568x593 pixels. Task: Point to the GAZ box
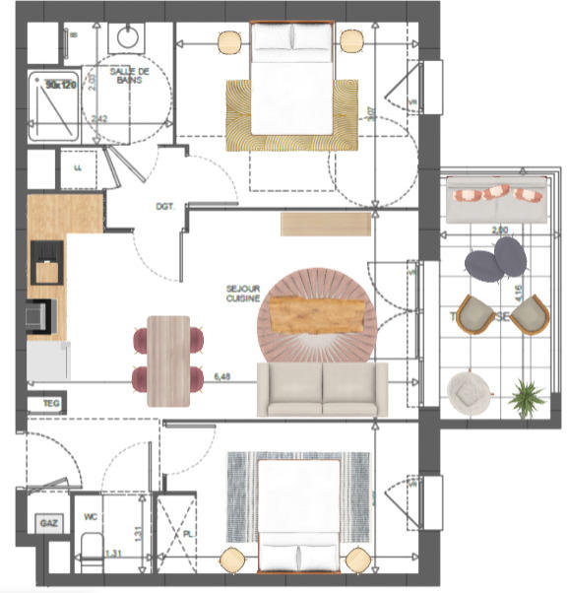pos(48,524)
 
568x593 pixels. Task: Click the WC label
pos(90,515)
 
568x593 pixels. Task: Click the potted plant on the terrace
pos(527,397)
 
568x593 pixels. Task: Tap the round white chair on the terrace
pos(465,390)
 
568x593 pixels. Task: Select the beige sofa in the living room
pos(322,389)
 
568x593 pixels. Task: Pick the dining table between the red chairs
pos(168,360)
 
